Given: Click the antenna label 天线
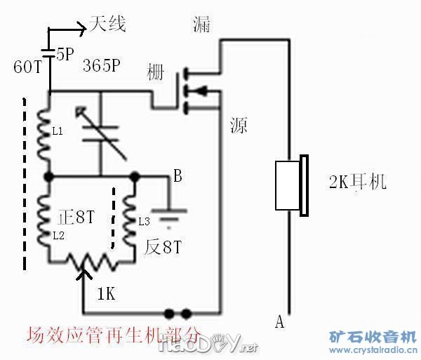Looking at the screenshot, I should (x=107, y=25).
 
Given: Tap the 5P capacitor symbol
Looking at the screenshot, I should (x=49, y=53).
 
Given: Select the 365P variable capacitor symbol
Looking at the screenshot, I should (x=100, y=131).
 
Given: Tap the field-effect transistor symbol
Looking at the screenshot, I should (x=193, y=90).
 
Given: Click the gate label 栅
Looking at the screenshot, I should (x=158, y=73).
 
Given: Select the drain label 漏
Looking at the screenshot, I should (x=201, y=25).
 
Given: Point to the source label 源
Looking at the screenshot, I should (x=239, y=126).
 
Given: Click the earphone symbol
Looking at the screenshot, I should (x=292, y=185).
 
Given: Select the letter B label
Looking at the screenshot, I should (x=178, y=177).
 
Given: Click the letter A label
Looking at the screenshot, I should (x=279, y=322).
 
